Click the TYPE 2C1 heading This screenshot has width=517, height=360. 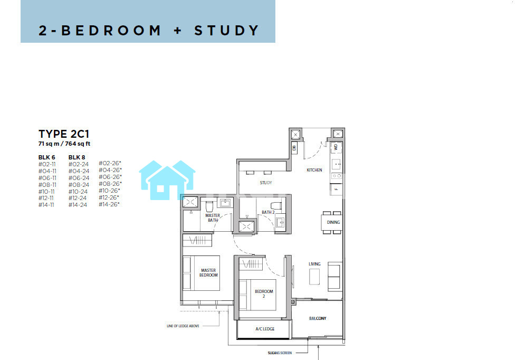point(64,134)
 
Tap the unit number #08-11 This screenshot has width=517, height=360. point(47,185)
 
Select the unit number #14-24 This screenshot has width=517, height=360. point(78,205)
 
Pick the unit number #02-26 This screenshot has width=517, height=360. point(110,163)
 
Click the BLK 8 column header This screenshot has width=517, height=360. point(77,157)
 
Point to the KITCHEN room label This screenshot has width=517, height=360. point(314,170)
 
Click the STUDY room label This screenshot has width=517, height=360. point(266,183)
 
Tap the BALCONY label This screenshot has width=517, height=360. point(318,318)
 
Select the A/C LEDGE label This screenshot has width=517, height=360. point(265,329)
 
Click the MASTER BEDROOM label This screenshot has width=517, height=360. point(208,272)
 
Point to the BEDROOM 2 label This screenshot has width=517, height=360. point(264,293)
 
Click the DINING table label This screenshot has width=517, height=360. point(333,222)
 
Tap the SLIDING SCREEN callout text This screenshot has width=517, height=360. point(280,353)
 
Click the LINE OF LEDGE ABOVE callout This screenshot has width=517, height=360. point(183,326)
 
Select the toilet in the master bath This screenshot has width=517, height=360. point(209,206)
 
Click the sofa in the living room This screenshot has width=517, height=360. point(335,277)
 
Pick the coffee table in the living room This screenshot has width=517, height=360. point(314,277)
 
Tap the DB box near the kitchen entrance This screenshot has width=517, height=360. point(294,148)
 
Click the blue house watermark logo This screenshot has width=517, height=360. point(167,180)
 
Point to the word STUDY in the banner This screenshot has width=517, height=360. point(226,31)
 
